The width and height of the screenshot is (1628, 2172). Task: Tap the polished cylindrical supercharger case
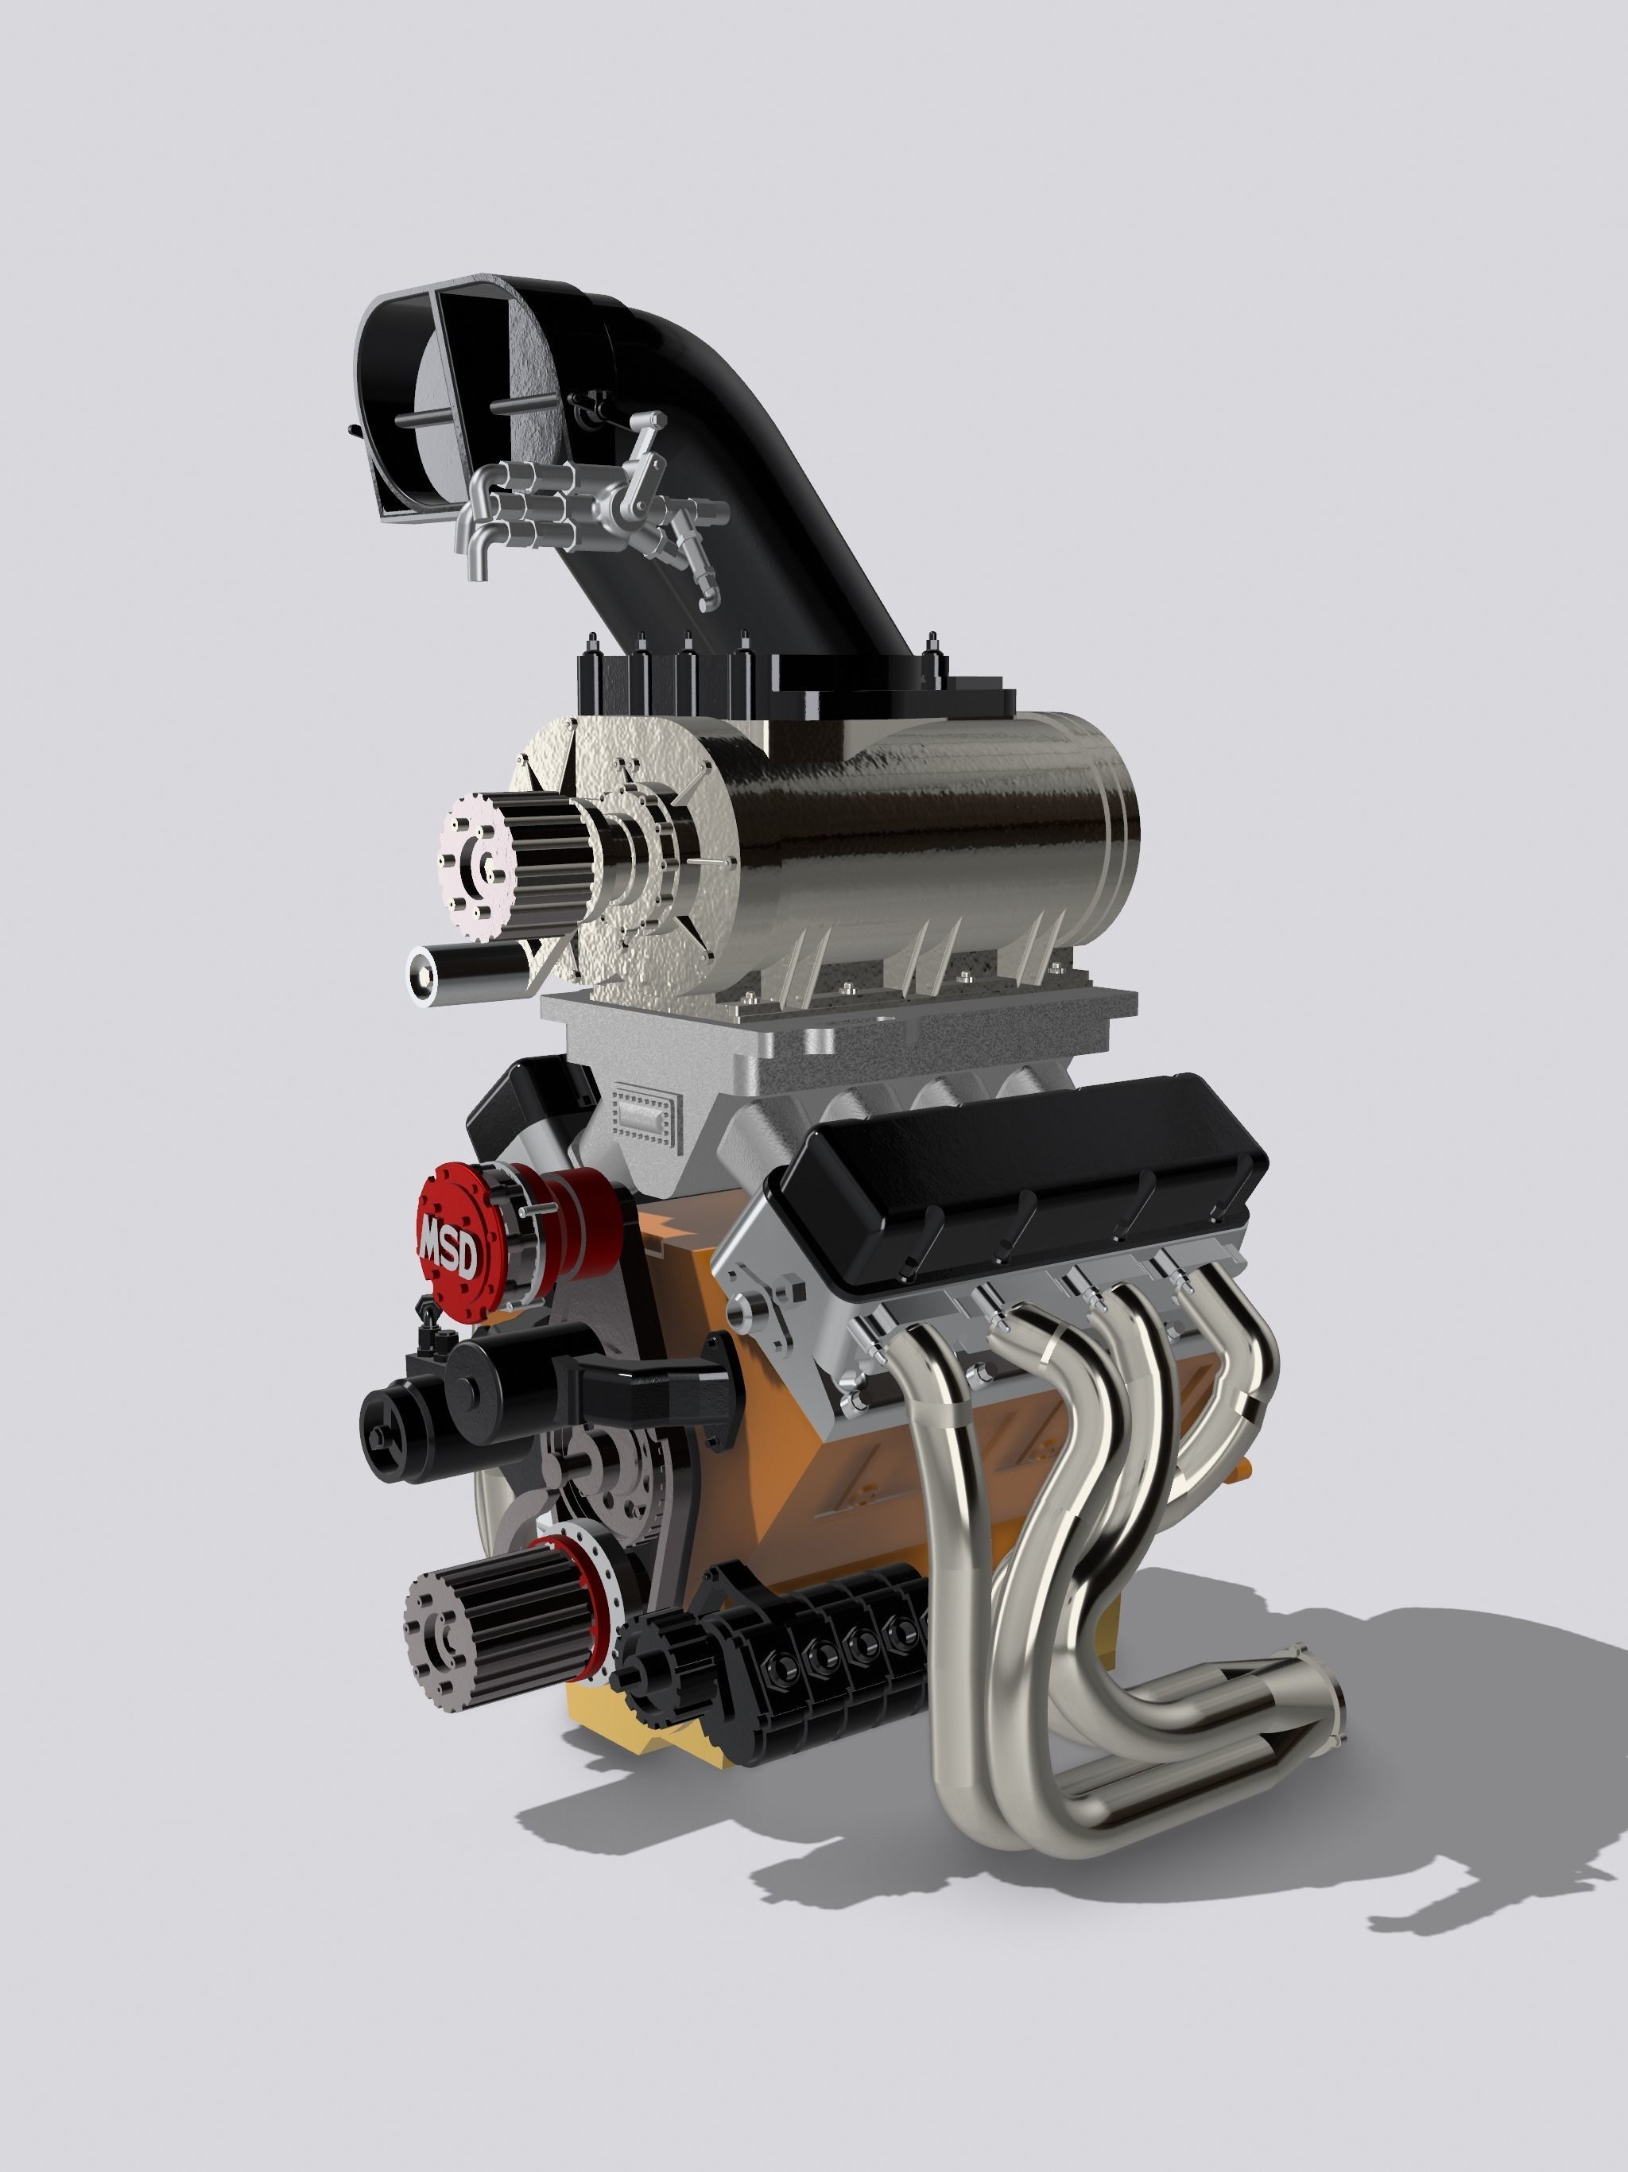[932, 835]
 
